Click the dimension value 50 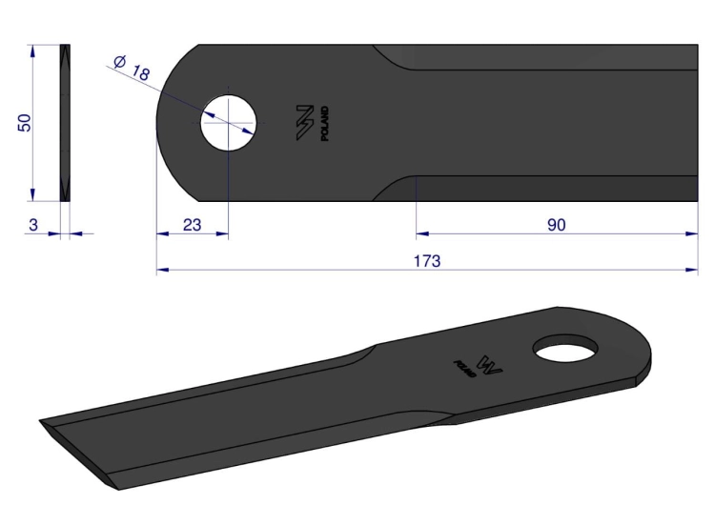[25, 123]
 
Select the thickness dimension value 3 [33, 225]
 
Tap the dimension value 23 [192, 225]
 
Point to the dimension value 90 [557, 225]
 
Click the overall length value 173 [427, 261]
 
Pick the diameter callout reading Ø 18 [132, 68]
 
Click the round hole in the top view [229, 123]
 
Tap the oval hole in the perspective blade [565, 349]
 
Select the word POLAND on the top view [325, 124]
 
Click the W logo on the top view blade [305, 123]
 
